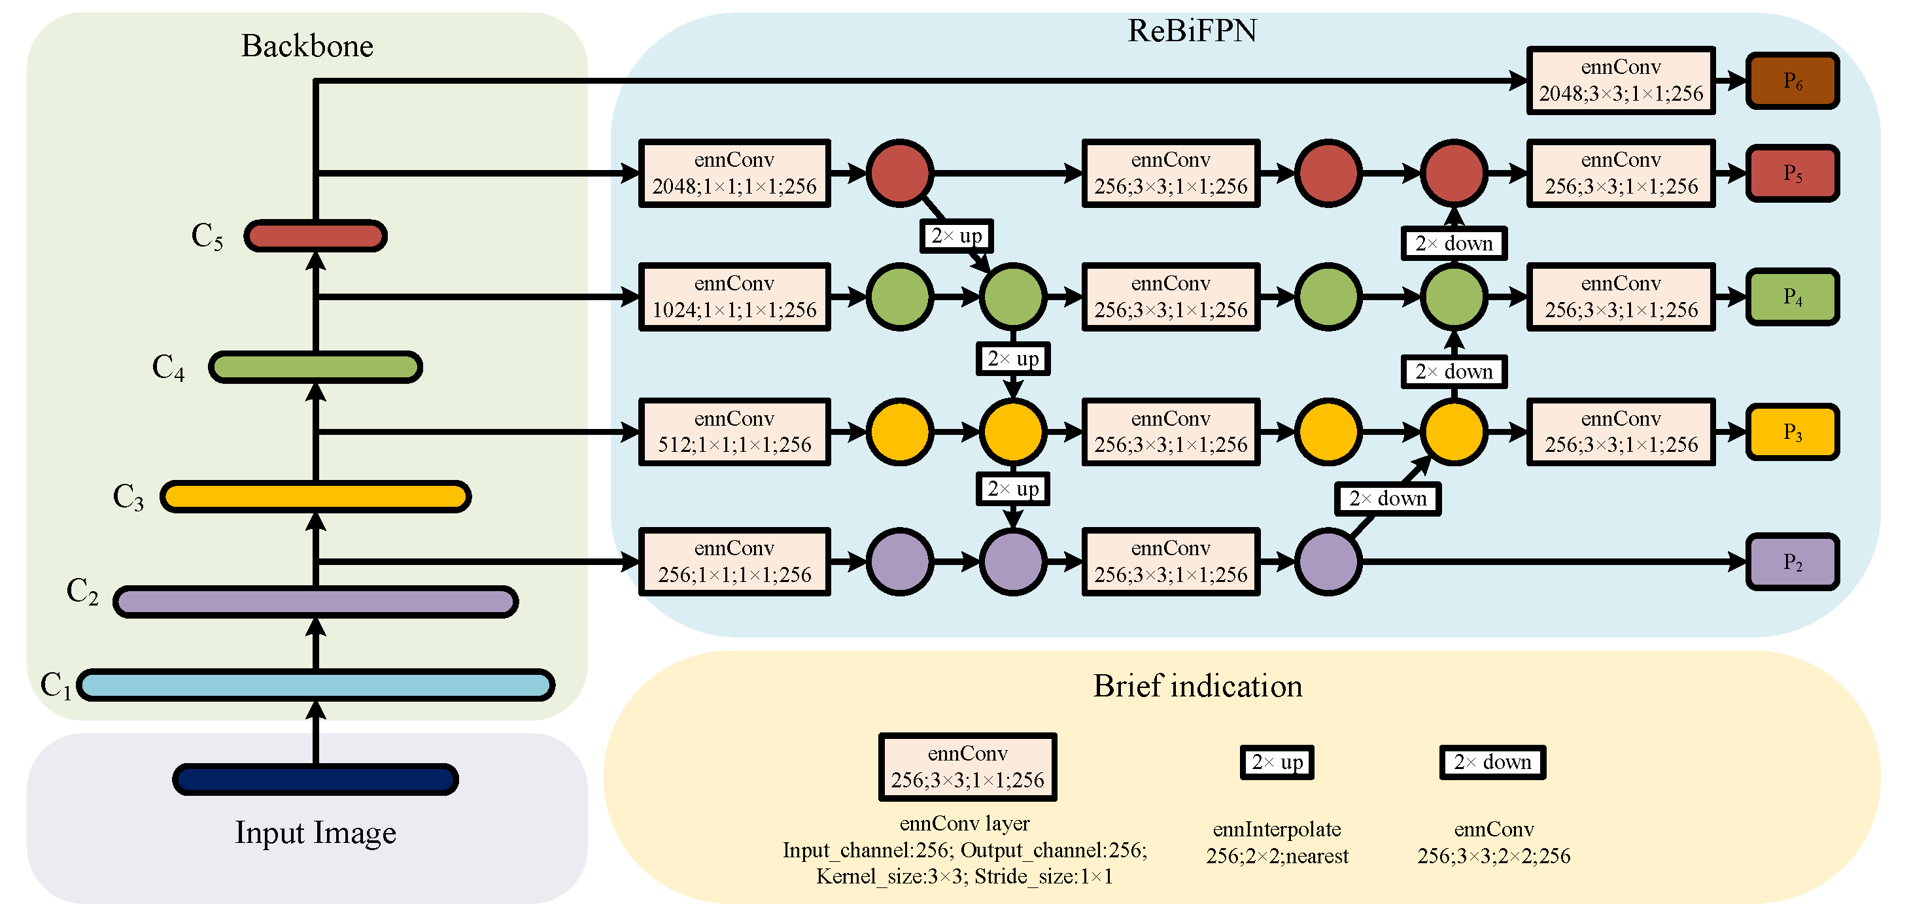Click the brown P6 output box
pyautogui.click(x=1793, y=81)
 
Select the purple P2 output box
pyautogui.click(x=1793, y=562)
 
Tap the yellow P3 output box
pyautogui.click(x=1793, y=432)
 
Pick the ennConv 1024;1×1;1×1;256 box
pyautogui.click(x=734, y=296)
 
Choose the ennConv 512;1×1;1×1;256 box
pyautogui.click(x=734, y=432)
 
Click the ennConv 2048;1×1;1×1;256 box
pyautogui.click(x=734, y=173)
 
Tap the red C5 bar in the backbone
pyautogui.click(x=316, y=236)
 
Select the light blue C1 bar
pyautogui.click(x=316, y=685)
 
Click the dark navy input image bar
pyautogui.click(x=316, y=779)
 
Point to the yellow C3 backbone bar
pyautogui.click(x=316, y=496)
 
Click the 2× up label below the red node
pyautogui.click(x=956, y=236)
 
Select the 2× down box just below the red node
pyautogui.click(x=1453, y=243)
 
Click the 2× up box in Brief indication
pyautogui.click(x=1276, y=762)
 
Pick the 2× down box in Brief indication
pyautogui.click(x=1492, y=762)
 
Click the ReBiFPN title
pyautogui.click(x=1192, y=31)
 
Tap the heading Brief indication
pyautogui.click(x=1197, y=686)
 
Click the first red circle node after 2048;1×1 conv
pyautogui.click(x=900, y=173)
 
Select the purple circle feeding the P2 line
pyautogui.click(x=1328, y=562)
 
